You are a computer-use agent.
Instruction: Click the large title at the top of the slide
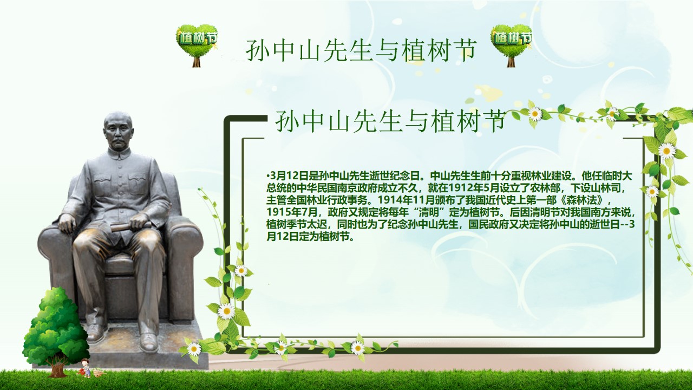point(361,50)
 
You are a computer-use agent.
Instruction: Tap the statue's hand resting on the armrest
point(67,223)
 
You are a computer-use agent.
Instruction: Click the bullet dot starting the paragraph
point(267,176)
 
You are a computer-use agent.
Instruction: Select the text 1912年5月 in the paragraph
point(467,188)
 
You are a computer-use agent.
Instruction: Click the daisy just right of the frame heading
point(535,114)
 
